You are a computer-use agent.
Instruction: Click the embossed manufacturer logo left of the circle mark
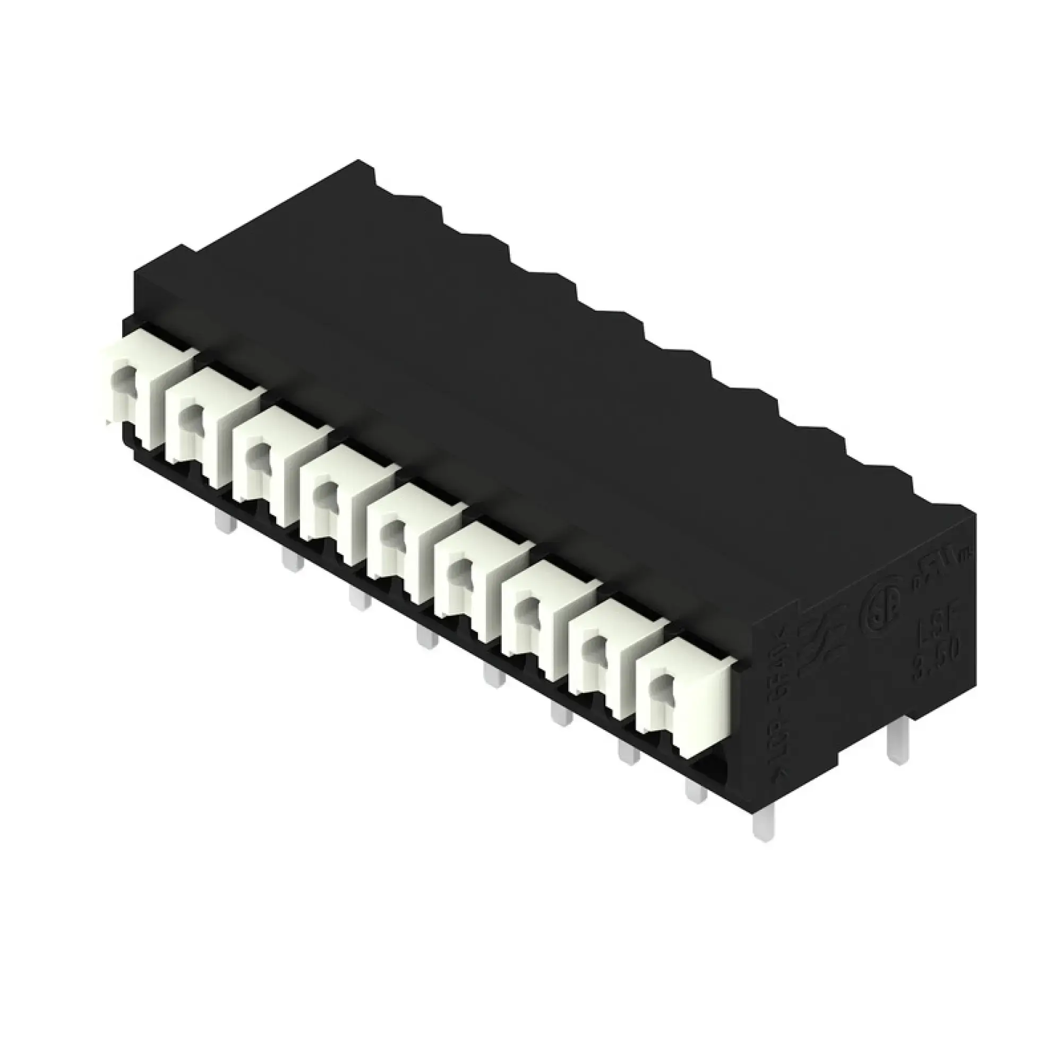click(822, 643)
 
